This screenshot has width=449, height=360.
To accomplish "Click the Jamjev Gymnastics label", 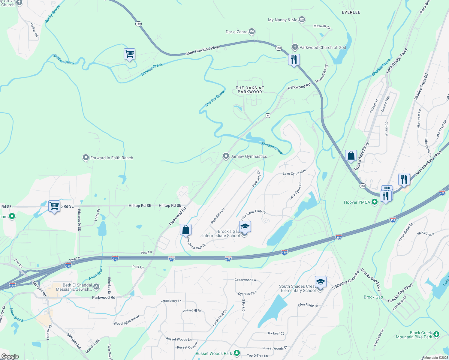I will point(249,156).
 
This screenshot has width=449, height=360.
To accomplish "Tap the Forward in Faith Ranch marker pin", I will point(86,158).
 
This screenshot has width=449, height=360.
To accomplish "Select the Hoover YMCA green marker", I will point(374,202).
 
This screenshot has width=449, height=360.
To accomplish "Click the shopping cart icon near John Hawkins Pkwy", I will point(129,54).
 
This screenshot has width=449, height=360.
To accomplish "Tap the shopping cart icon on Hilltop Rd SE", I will point(54,206).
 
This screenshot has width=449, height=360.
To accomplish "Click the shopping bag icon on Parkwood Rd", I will point(185,230).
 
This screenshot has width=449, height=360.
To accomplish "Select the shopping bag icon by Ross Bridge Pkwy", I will point(351,156).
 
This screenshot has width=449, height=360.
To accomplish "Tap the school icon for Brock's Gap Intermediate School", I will point(245,227).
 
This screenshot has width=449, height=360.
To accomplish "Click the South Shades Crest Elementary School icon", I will point(321,282).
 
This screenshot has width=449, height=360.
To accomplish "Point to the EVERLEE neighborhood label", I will point(351,12).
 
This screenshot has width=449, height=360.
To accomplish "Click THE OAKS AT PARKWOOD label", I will point(250,90).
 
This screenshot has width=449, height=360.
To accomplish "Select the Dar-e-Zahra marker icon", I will point(252,31).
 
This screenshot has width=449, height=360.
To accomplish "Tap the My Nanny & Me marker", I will point(302,20).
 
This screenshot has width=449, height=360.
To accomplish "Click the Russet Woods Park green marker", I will point(237,353).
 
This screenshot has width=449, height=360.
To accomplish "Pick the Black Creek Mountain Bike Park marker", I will point(436,334).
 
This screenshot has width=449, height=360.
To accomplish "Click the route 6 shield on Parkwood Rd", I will point(268,115).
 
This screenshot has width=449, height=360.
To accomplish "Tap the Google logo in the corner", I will point(10,356).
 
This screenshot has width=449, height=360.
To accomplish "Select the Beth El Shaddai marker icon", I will point(96,287).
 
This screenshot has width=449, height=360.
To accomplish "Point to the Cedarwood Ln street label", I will point(245,280).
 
